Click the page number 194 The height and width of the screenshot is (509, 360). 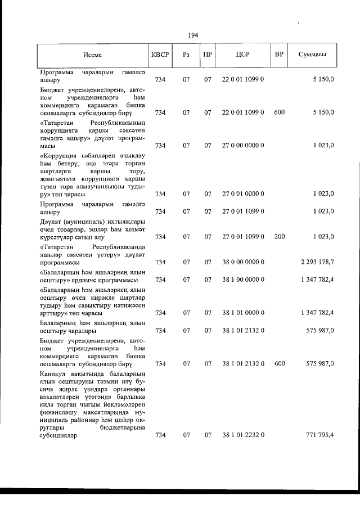point(193,35)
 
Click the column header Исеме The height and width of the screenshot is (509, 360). point(92,55)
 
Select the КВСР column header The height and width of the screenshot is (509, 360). point(160,55)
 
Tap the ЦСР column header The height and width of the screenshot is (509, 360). point(243,55)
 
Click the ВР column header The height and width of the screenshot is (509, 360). point(278,55)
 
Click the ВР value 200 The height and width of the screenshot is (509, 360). point(279,237)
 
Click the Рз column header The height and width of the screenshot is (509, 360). point(186,55)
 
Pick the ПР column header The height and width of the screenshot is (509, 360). point(208,55)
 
